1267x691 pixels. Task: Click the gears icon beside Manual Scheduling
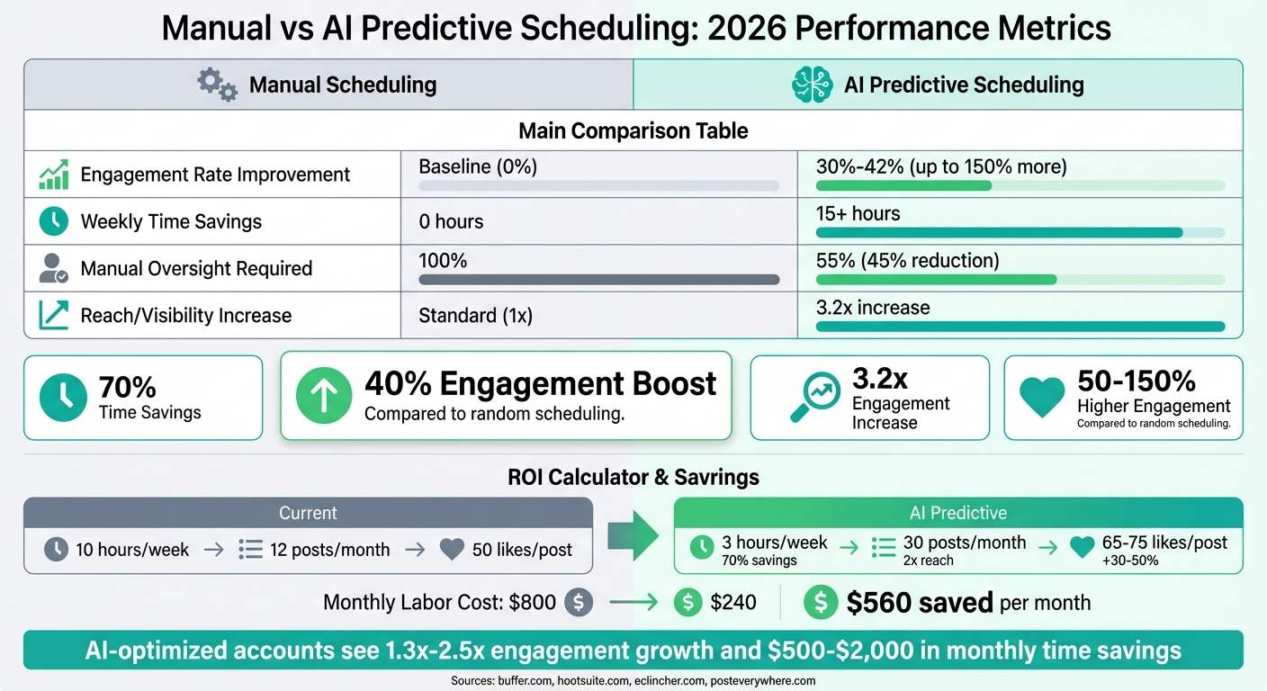tap(217, 85)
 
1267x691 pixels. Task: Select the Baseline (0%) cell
tap(478, 166)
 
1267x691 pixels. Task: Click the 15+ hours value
tap(858, 214)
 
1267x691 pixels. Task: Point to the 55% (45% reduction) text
tap(907, 261)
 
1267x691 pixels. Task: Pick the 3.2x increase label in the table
tap(872, 308)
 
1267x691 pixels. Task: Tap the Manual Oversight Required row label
tap(196, 268)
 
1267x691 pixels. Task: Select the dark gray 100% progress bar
tap(598, 280)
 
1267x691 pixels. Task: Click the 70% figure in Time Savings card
tap(127, 388)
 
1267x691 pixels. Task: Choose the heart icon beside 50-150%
tap(1042, 397)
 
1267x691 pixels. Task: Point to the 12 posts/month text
tap(329, 549)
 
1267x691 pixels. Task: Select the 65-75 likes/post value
tap(1164, 543)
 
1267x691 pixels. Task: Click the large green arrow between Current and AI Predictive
tap(633, 536)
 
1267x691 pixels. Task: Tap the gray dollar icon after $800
tap(579, 603)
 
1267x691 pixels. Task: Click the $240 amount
tap(733, 603)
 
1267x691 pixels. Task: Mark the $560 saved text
tap(919, 603)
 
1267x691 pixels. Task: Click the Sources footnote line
tap(633, 681)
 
